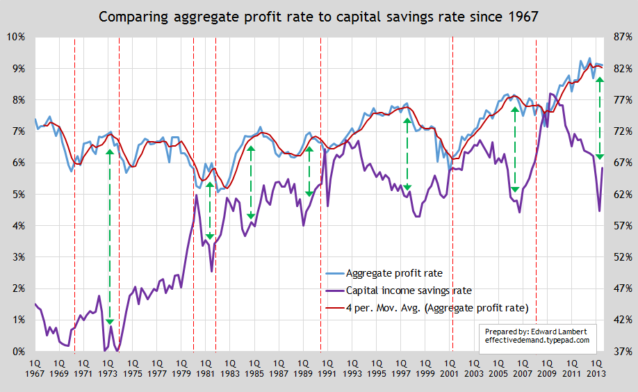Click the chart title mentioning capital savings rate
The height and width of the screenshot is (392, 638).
(319, 16)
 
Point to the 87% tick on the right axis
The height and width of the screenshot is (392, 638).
(621, 37)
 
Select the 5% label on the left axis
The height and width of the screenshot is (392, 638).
(15, 195)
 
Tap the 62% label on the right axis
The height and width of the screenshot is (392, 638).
(621, 195)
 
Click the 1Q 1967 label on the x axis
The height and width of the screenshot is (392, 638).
(35, 368)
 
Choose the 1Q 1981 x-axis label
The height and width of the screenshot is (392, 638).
(209, 368)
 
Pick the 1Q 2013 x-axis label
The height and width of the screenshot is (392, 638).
(596, 368)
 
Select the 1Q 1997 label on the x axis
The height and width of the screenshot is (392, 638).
(409, 368)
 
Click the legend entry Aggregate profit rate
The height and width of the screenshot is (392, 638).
(393, 273)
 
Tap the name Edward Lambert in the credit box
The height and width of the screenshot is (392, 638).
(562, 331)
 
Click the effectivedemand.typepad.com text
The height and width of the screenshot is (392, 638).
(537, 341)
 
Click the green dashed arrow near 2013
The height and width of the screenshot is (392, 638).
(599, 118)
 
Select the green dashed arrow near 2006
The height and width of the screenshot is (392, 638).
(515, 149)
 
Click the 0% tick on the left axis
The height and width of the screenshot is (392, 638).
(15, 352)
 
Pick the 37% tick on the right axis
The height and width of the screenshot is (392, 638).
(621, 352)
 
